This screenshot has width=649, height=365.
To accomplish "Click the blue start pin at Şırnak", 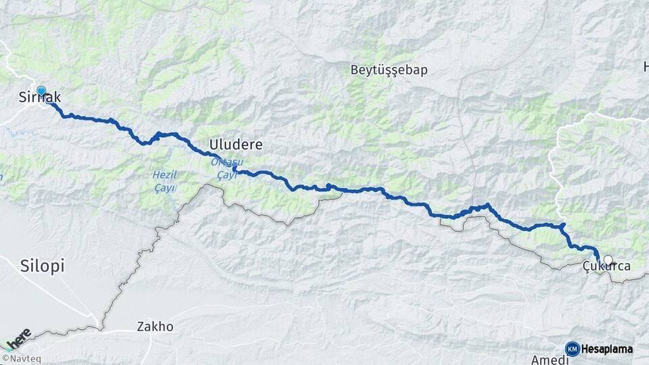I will click(x=41, y=91).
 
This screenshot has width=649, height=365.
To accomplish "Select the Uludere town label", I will click(x=235, y=145).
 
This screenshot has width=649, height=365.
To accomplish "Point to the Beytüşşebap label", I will click(x=389, y=70).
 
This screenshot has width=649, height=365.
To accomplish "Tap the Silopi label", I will click(x=42, y=266).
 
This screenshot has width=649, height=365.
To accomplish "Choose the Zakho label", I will click(x=155, y=326).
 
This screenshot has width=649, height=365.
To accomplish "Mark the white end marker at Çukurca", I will click(x=608, y=260).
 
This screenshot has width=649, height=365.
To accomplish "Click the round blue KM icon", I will click(x=572, y=349).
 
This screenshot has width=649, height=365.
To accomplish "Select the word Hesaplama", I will click(x=606, y=349).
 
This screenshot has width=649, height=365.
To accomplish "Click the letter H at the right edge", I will click(x=645, y=67).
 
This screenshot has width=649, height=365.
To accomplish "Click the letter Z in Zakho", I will click(x=141, y=326).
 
